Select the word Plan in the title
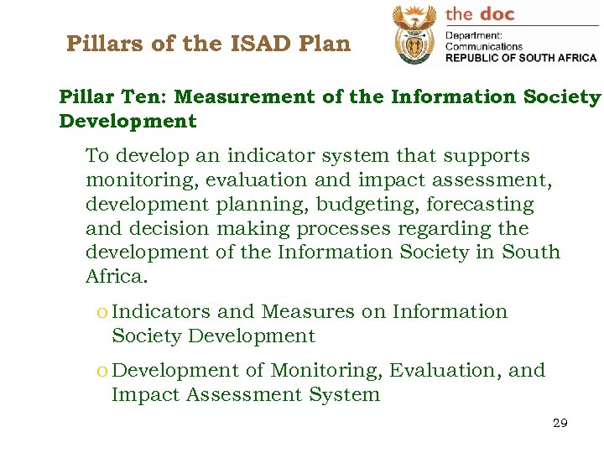tap(327, 44)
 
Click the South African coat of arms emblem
tap(414, 34)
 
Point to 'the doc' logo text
tap(479, 13)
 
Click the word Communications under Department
tap(483, 47)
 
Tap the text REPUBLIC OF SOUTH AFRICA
tap(520, 58)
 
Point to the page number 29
tap(560, 423)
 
